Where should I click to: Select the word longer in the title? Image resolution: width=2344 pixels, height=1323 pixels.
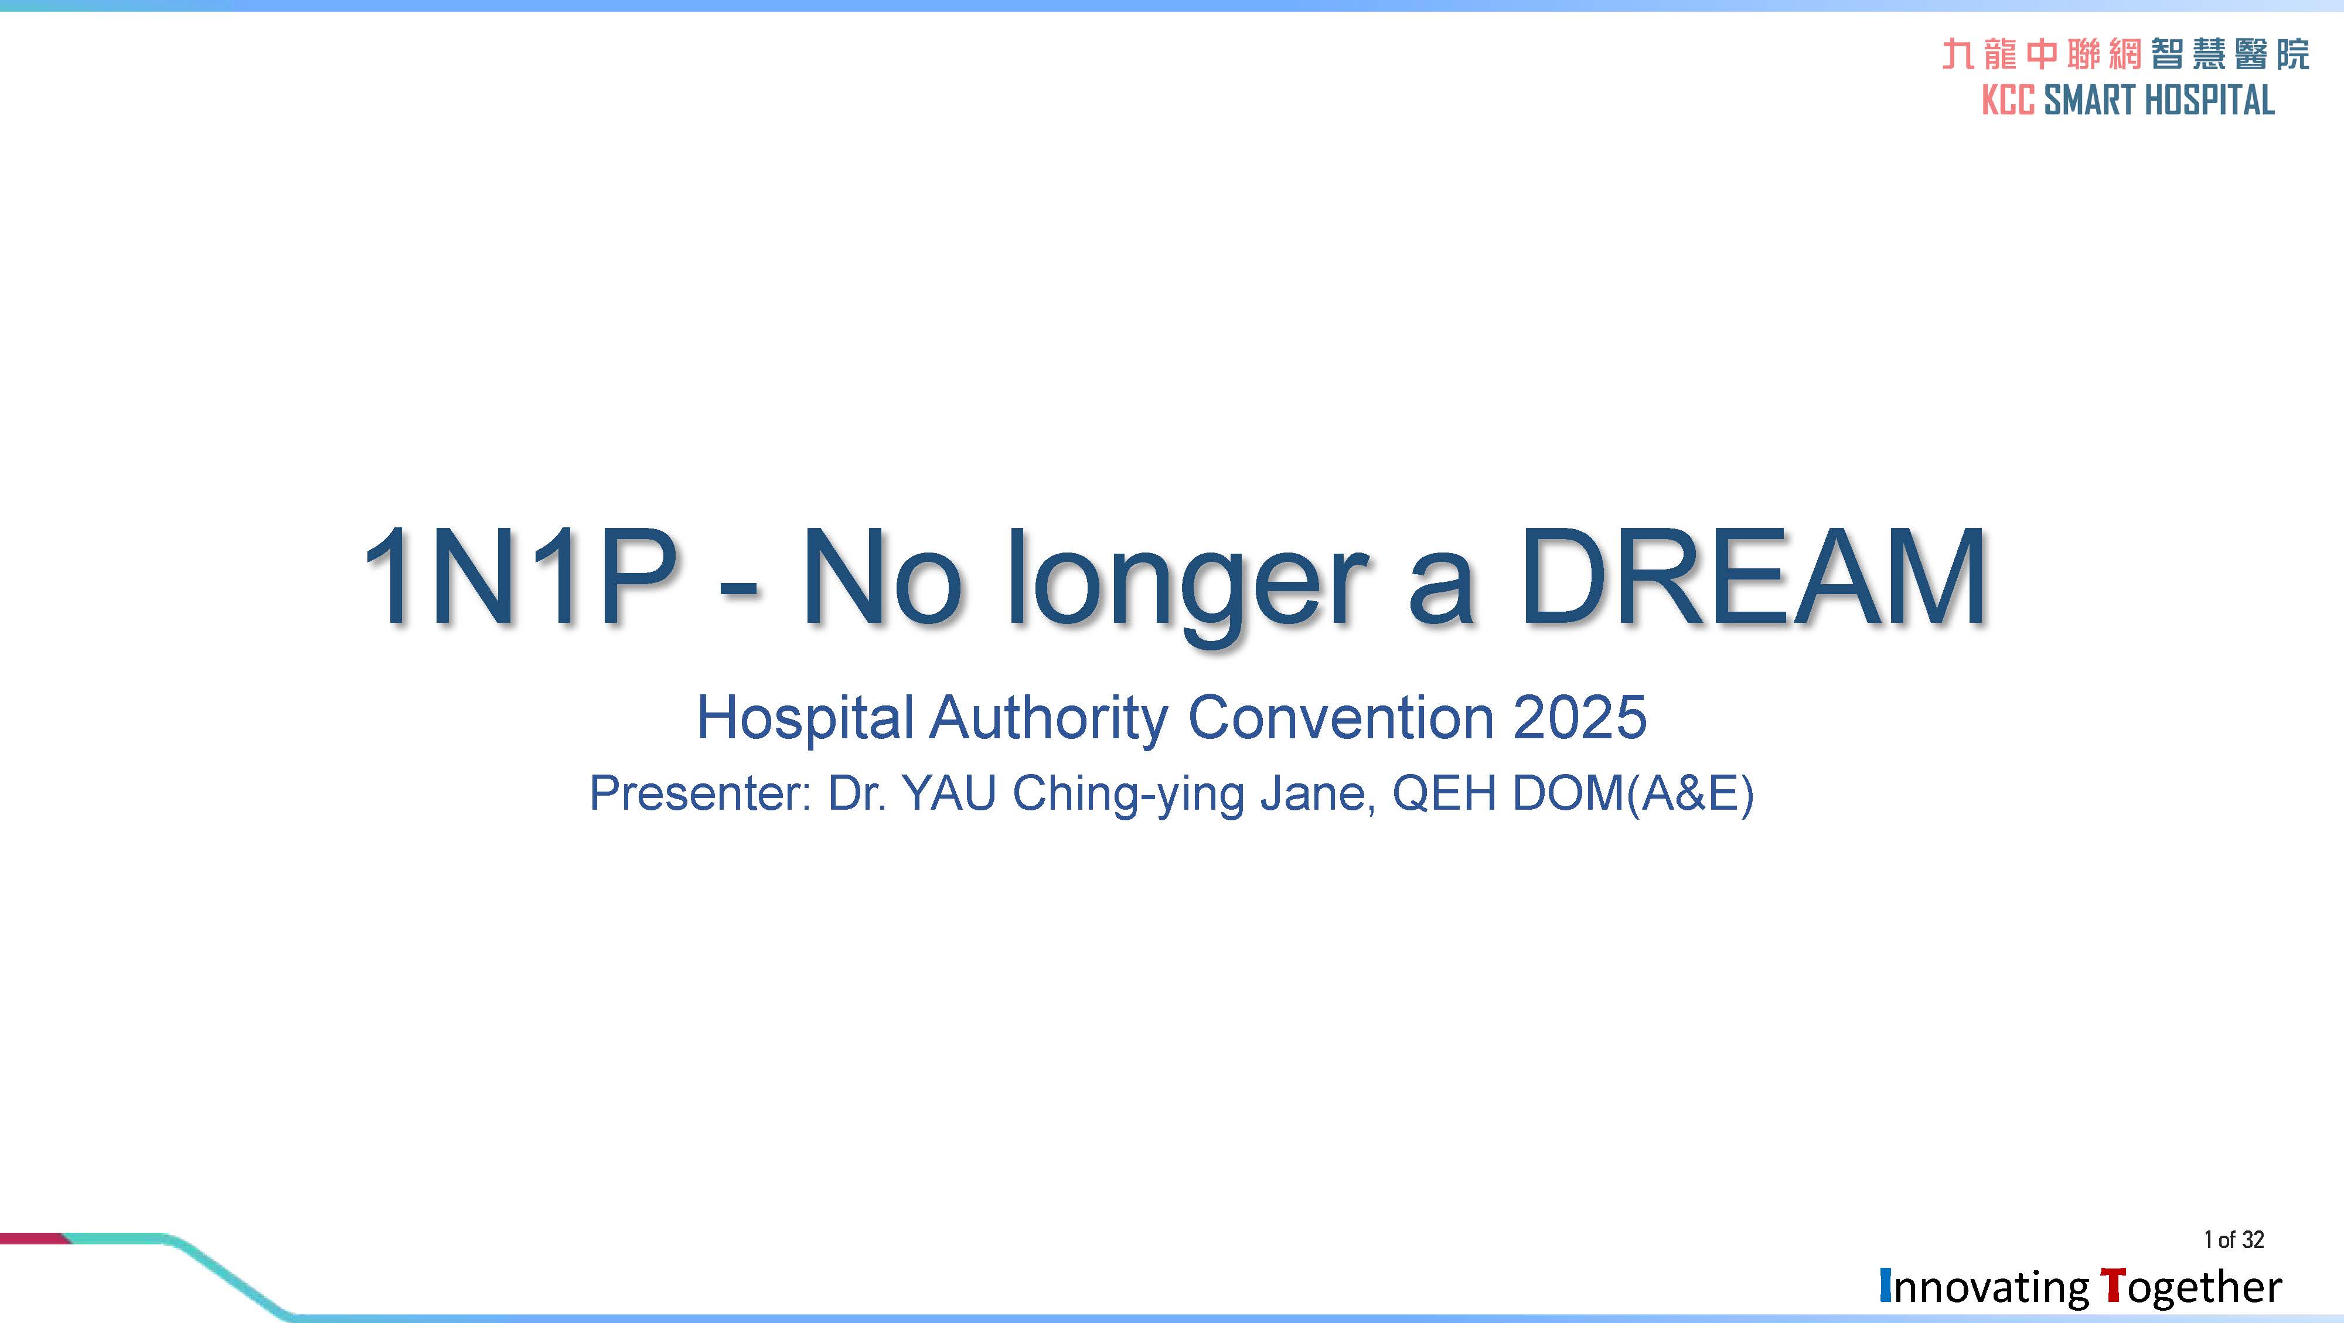coord(1185,587)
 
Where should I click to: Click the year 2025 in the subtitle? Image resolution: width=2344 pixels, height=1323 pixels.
coord(1580,717)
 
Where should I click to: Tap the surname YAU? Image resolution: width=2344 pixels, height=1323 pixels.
coord(948,793)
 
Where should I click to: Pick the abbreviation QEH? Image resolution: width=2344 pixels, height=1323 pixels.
coord(1443,793)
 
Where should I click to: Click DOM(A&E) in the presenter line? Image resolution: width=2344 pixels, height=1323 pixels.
coord(1633,793)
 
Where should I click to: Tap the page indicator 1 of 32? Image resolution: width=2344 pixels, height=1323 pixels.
coord(2234,1239)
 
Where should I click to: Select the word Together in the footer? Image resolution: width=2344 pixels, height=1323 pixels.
coord(2191,1287)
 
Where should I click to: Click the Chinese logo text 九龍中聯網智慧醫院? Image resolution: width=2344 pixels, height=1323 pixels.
coord(2125,54)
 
